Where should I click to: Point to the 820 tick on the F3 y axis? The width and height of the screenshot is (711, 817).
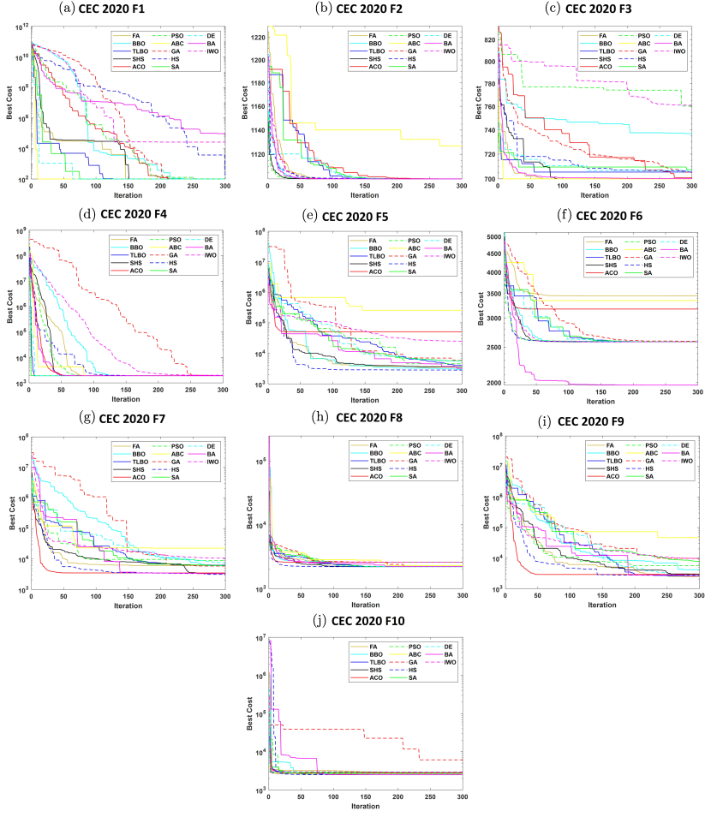(487, 40)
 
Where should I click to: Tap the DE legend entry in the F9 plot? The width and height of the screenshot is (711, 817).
(685, 445)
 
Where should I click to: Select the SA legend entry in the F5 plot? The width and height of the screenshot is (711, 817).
(411, 271)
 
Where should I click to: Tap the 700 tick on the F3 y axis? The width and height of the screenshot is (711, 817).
(488, 179)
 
